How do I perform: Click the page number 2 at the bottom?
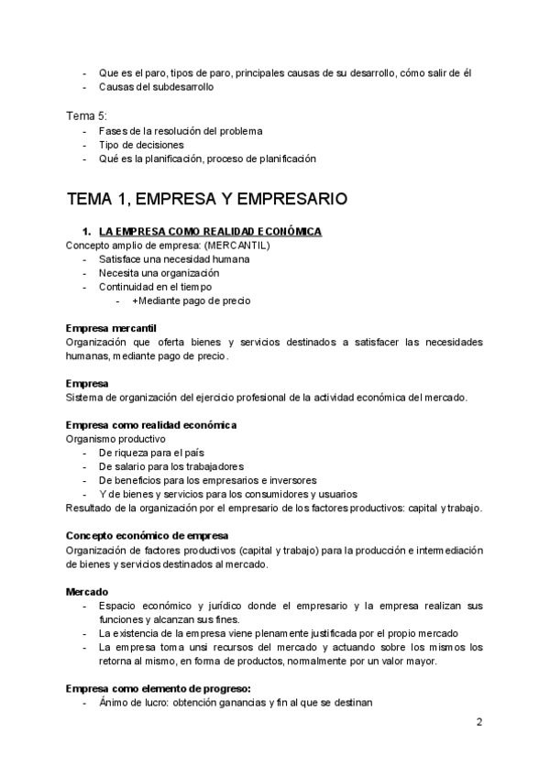point(479,721)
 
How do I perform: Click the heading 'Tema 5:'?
point(87,115)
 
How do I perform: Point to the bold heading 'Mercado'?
point(87,592)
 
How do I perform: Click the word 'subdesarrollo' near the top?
point(180,87)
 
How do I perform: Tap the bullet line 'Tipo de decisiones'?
point(140,145)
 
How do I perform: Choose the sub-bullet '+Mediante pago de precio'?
point(190,301)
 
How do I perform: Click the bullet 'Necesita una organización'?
point(159,273)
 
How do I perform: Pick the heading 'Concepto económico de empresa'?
point(148,535)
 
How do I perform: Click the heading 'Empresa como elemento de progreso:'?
point(159,688)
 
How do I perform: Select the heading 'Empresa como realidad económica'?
point(151,425)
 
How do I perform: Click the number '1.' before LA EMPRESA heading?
point(88,232)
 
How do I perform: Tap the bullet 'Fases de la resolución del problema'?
point(181,131)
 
